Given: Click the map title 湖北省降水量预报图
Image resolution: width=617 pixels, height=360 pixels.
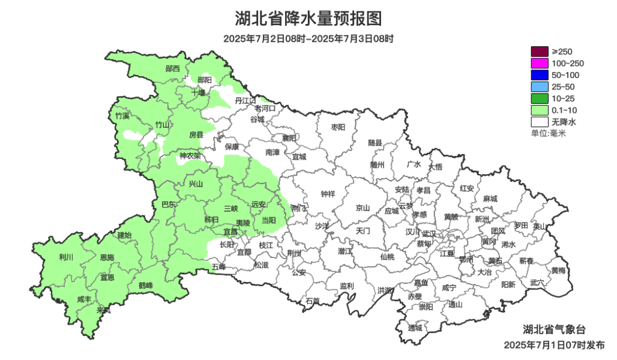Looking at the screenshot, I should (x=308, y=19).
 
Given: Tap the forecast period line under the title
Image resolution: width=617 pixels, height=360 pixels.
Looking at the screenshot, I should (x=308, y=39).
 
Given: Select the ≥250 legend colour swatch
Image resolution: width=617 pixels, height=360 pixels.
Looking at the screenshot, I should (x=539, y=52).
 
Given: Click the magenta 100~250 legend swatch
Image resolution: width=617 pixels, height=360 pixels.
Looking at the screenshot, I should (x=539, y=63).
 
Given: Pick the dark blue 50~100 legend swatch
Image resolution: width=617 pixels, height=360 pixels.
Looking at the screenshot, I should (x=539, y=75).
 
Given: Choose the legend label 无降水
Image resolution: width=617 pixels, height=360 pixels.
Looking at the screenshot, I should (x=564, y=122).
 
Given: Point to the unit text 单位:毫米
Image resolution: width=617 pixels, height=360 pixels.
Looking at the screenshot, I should (x=548, y=133).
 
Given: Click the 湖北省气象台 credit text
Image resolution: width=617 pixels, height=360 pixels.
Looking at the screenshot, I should (x=553, y=329).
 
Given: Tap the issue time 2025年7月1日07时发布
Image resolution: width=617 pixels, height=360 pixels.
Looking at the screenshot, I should (x=554, y=345).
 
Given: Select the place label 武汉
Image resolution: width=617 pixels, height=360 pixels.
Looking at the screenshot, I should (x=429, y=233).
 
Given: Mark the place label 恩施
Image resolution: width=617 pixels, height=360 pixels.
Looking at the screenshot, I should (x=107, y=257).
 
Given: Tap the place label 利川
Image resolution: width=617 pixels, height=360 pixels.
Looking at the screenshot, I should (x=65, y=257).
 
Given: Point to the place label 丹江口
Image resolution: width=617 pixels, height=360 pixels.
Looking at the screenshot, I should (x=245, y=100).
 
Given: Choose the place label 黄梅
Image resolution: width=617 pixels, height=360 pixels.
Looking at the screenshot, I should (x=558, y=271).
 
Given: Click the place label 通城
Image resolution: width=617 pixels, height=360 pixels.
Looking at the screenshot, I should (x=415, y=328).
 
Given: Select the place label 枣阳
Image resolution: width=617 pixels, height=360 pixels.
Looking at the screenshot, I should (x=339, y=127).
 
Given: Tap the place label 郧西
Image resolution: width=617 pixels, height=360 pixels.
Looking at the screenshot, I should (x=173, y=69).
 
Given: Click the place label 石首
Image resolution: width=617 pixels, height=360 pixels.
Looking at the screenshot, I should (x=313, y=301).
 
